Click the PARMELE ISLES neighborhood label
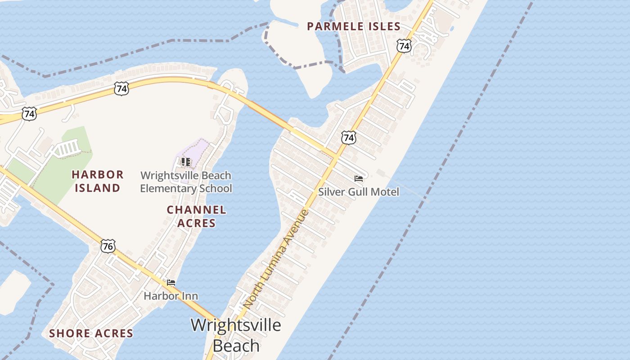pyautogui.click(x=354, y=27)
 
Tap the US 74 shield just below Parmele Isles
pyautogui.click(x=404, y=46)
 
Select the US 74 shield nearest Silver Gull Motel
pyautogui.click(x=348, y=137)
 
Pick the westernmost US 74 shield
pyautogui.click(x=29, y=114)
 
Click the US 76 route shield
pyautogui.click(x=108, y=246)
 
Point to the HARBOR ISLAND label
pyautogui.click(x=97, y=181)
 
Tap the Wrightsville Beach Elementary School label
pyautogui.click(x=186, y=182)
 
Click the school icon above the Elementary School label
pyautogui.click(x=185, y=162)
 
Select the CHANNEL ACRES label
pyautogui.click(x=196, y=216)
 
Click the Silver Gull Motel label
pyautogui.click(x=359, y=192)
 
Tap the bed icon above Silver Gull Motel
pyautogui.click(x=359, y=179)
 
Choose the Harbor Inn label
pyautogui.click(x=171, y=296)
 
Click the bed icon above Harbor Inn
pyautogui.click(x=171, y=283)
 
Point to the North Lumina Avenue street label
pyautogui.click(x=276, y=260)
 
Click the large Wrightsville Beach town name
pyautogui.click(x=236, y=335)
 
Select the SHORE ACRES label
pyautogui.click(x=91, y=333)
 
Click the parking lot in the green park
pyautogui.click(x=67, y=148)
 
